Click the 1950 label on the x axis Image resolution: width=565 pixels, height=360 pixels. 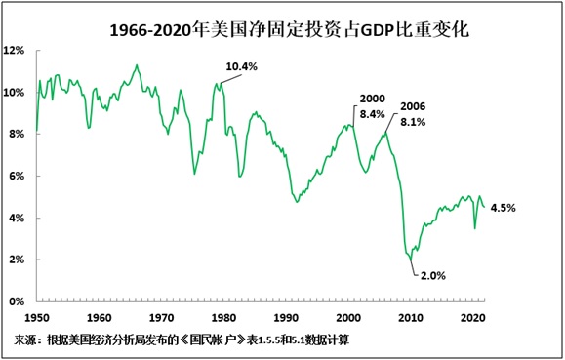pos(38,317)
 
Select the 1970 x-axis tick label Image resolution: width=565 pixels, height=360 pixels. pos(161,317)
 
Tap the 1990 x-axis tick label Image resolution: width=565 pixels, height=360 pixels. pos(284,317)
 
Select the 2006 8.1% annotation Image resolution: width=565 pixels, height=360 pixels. pos(413,113)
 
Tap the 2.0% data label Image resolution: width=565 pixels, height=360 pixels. pos(433,276)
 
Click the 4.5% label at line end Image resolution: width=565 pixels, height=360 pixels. pos(503,208)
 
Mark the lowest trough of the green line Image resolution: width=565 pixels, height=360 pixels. pos(412,261)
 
